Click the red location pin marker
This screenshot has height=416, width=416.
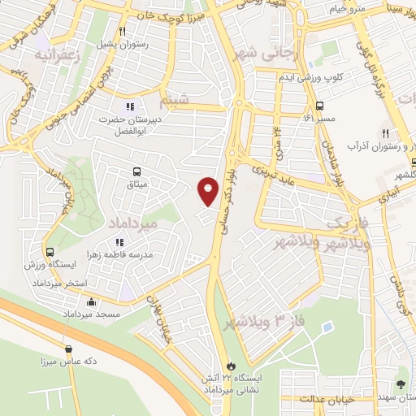(x=209, y=191)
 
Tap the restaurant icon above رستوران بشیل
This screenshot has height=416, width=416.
(x=122, y=32)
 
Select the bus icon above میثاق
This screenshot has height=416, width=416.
(x=136, y=171)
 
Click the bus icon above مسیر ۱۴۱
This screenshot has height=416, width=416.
(x=319, y=106)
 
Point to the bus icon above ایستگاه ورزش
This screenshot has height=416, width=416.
(x=50, y=252)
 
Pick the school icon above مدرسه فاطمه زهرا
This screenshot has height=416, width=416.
(x=119, y=242)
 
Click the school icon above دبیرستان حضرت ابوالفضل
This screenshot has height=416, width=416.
(x=129, y=106)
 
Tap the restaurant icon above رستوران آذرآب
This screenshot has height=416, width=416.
(x=387, y=134)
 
